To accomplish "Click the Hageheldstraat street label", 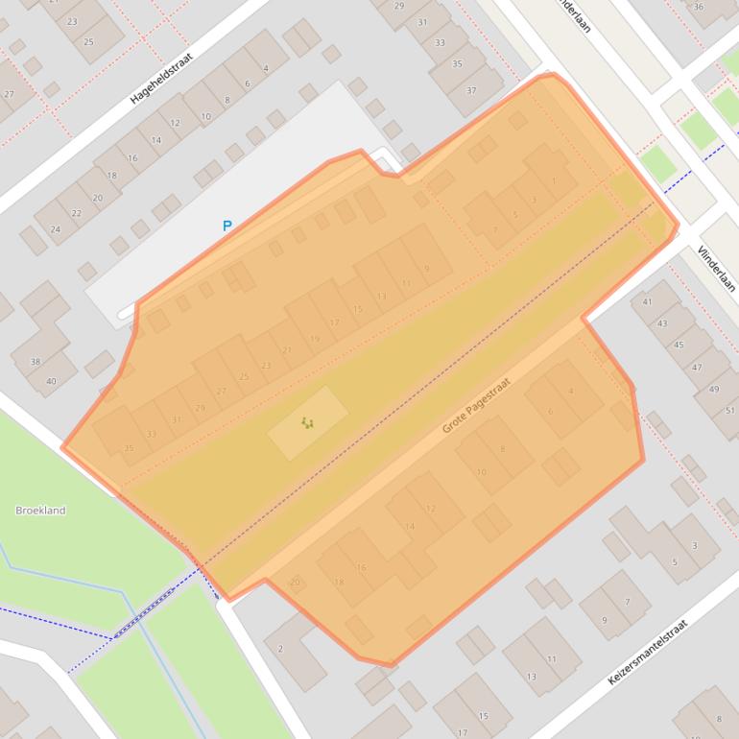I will click(x=161, y=78).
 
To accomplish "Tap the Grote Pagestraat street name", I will click(x=476, y=405).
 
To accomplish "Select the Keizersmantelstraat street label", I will click(x=648, y=652).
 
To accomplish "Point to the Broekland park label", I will click(x=40, y=511).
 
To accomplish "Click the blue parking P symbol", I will click(x=227, y=226).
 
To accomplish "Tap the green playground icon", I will click(x=307, y=422).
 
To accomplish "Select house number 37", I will click(x=471, y=90).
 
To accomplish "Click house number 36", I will click(x=699, y=7).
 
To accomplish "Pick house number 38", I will click(x=36, y=362).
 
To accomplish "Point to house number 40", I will click(x=51, y=381).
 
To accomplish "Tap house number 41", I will click(x=648, y=302).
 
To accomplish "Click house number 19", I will click(x=315, y=339).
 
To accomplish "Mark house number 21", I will click(x=287, y=351).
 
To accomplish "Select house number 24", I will click(x=55, y=229).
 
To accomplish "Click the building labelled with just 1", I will click(x=554, y=180).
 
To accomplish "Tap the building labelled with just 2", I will click(x=280, y=649).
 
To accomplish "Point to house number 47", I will click(x=697, y=368).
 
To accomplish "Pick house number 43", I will click(x=662, y=323).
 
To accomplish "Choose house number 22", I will click(x=76, y=214).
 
